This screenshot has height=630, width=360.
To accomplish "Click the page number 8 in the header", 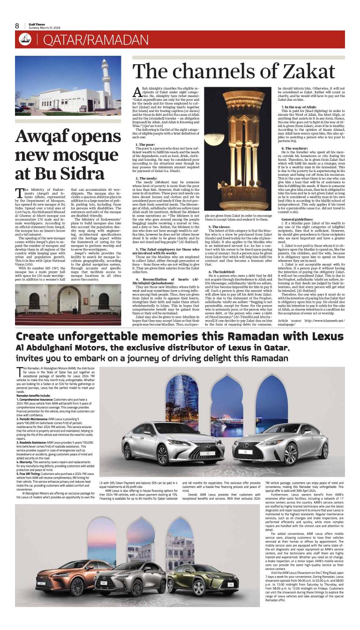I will coord(17,26).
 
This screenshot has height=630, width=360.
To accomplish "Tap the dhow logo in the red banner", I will coord(25,40).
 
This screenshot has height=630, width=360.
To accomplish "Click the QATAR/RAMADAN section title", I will coord(96,40).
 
